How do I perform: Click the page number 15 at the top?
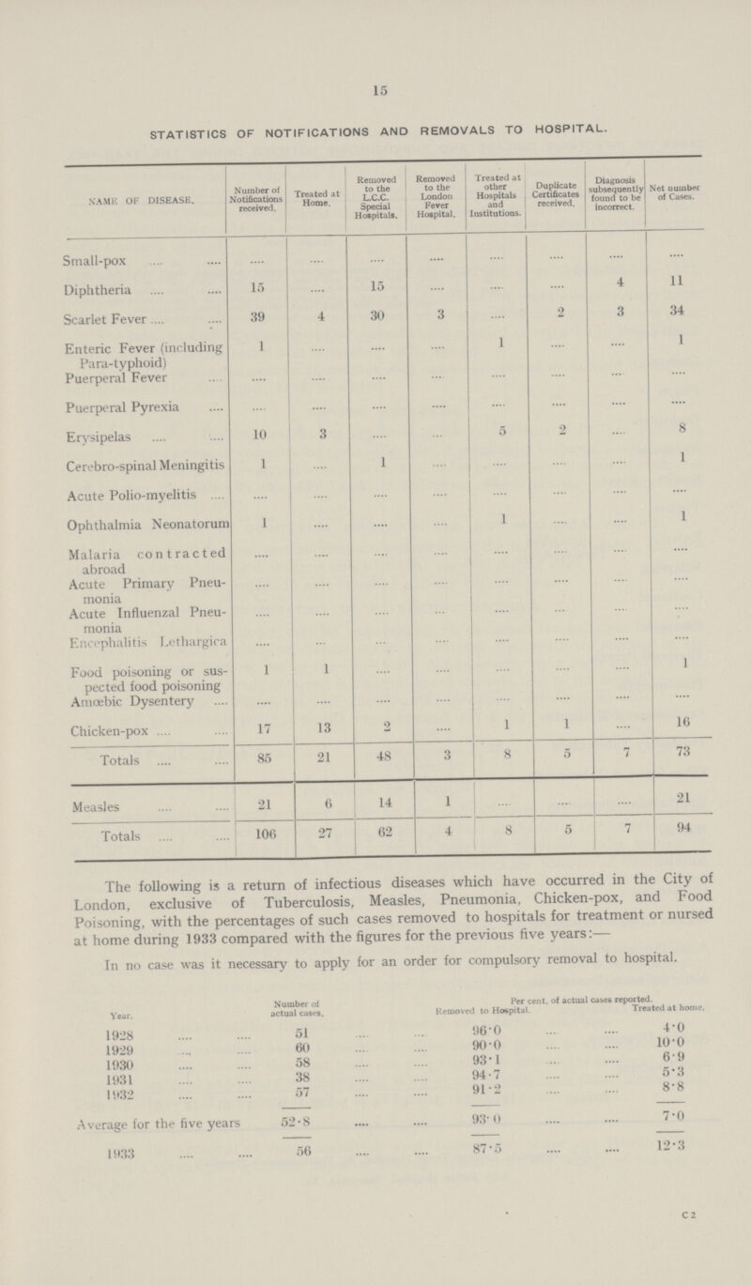376,90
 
